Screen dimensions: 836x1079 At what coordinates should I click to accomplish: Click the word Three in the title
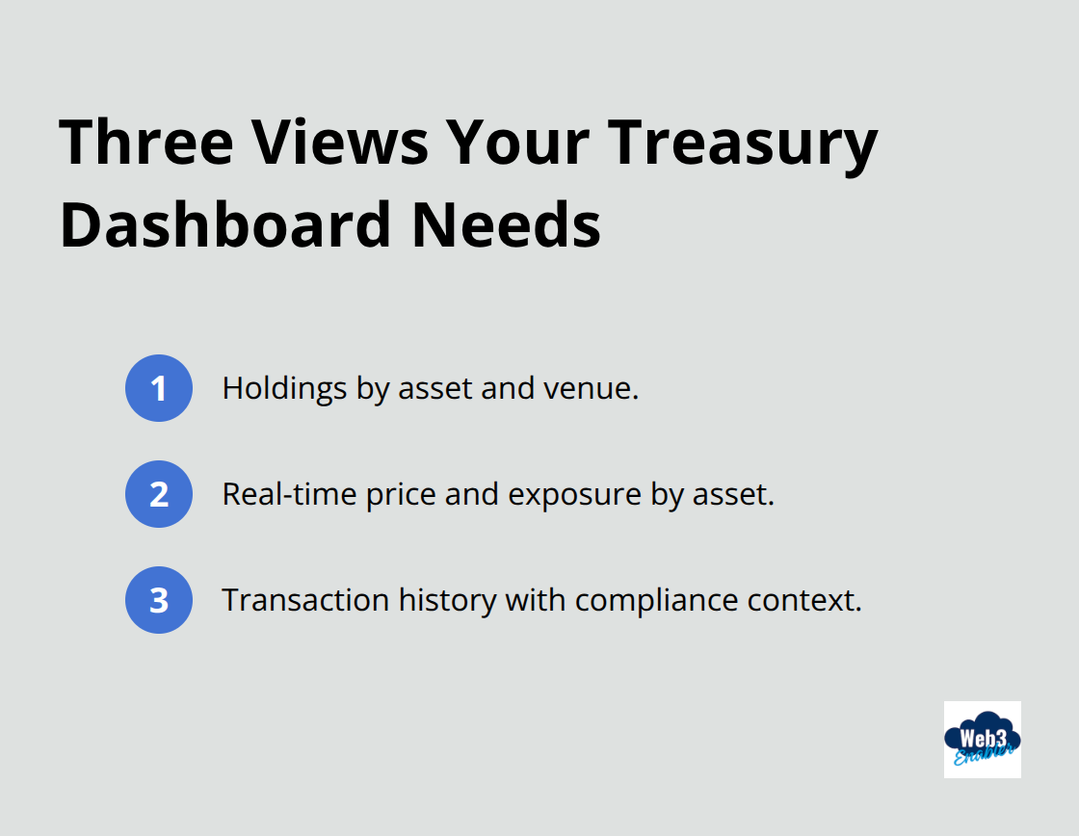146,143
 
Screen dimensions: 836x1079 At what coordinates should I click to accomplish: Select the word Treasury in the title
743,143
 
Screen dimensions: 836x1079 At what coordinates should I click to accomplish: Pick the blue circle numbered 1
159,388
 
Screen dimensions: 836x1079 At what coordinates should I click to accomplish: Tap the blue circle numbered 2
159,494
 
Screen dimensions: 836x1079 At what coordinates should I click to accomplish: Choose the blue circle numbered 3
159,600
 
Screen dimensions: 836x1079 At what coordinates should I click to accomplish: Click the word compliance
657,600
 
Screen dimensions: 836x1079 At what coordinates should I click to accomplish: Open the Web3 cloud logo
982,740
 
